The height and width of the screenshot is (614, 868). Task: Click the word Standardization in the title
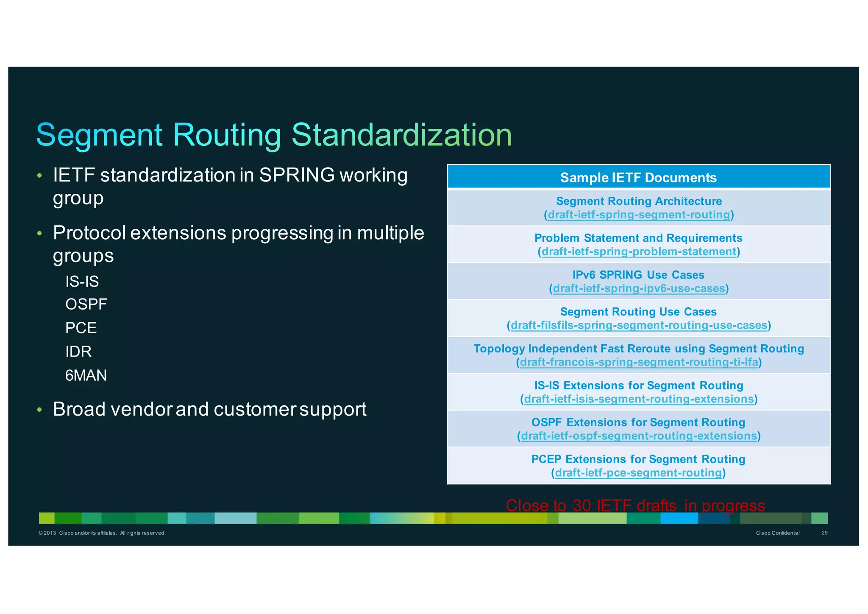(401, 135)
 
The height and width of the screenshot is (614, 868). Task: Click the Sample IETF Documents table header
(638, 177)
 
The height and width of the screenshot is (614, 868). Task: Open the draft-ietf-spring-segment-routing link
(639, 215)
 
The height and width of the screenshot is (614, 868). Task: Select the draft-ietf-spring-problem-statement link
(639, 251)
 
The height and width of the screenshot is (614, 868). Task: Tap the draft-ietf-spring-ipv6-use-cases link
(639, 288)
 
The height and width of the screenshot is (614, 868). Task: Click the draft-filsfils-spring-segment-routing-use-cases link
(639, 325)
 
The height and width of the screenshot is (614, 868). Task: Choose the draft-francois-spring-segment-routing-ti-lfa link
(639, 362)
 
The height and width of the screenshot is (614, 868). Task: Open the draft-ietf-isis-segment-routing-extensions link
(639, 399)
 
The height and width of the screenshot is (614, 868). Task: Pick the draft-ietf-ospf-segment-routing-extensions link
(639, 436)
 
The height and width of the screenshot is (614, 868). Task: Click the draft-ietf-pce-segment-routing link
(638, 473)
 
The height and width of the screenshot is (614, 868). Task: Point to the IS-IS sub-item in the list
(82, 282)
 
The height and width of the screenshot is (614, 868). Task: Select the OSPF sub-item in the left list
(86, 304)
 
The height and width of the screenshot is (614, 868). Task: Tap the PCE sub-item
(81, 328)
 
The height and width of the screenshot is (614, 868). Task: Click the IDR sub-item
(78, 352)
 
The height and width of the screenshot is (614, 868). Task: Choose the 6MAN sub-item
(86, 376)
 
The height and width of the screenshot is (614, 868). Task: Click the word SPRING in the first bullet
(297, 175)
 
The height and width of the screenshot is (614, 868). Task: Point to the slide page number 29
(824, 533)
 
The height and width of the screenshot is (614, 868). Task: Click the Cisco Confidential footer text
(777, 533)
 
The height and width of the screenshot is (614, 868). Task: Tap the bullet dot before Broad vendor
(39, 410)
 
